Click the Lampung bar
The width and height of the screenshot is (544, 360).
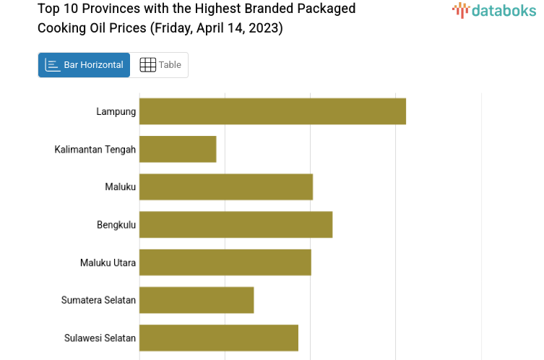coord(272,111)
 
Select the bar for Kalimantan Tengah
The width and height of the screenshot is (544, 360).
coord(178,149)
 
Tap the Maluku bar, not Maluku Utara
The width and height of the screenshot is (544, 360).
coord(226,187)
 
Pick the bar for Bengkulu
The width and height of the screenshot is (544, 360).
coord(236,224)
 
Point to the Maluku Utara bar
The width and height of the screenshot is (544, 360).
coord(225,262)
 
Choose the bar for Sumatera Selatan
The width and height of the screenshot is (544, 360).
coord(197,299)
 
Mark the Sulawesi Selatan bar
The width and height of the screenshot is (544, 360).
coord(219,338)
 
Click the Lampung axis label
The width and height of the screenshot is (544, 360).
coord(116,111)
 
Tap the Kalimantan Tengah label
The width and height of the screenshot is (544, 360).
coord(95,149)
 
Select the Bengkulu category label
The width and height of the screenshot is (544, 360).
coord(116,224)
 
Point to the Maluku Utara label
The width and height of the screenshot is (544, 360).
coord(108,262)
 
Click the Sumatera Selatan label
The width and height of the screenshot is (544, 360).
coord(98,299)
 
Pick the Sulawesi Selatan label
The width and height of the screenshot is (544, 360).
coord(100,338)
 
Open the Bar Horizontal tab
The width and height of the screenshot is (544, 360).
coord(85,65)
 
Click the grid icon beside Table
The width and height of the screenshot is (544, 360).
coord(147,65)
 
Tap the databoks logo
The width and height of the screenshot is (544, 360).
coord(494,10)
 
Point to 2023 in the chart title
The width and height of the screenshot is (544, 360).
coord(266,28)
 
